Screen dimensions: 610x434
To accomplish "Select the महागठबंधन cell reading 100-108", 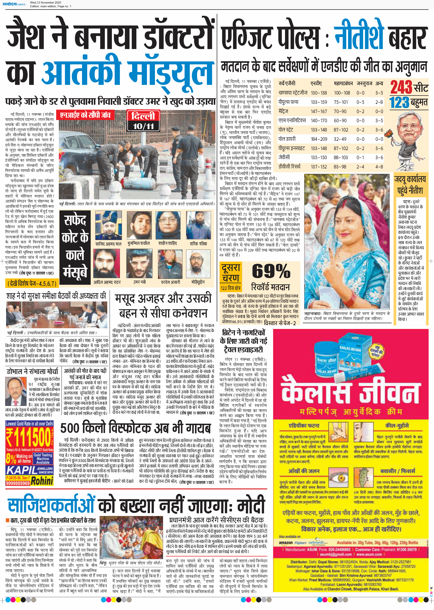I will tap(342, 93).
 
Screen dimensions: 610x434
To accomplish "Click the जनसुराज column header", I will tap(364, 83).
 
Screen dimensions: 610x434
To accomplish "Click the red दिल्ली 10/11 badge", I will tap(143, 120).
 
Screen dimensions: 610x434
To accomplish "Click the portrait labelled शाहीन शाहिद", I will tap(168, 225).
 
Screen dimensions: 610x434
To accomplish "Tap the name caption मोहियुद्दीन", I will tap(198, 282).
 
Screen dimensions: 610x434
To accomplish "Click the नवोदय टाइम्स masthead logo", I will tap(16, 4).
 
